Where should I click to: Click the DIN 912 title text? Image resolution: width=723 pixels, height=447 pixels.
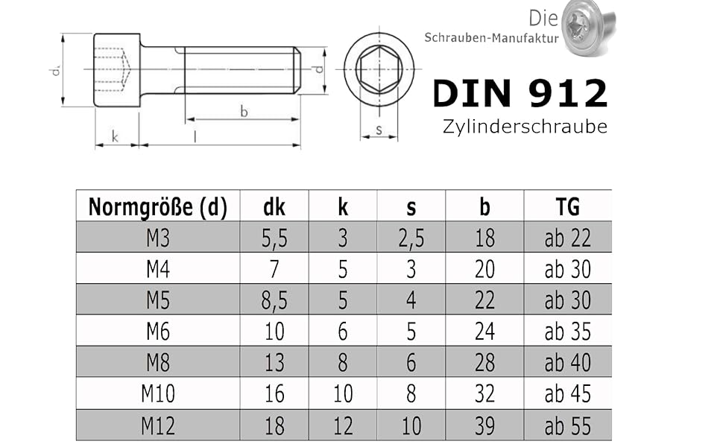click(520, 93)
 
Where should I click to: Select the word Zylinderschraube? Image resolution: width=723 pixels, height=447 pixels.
click(525, 126)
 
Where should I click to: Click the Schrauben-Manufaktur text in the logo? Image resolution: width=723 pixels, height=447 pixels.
click(490, 37)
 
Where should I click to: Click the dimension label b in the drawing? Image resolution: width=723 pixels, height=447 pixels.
click(244, 112)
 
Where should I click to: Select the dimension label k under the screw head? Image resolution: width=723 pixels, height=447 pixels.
click(115, 136)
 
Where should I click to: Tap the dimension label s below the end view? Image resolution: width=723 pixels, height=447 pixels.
click(379, 130)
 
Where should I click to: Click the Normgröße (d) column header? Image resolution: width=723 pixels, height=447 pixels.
click(157, 206)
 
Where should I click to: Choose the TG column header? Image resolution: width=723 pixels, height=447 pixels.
click(567, 206)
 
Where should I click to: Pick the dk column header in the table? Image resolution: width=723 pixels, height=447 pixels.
click(274, 206)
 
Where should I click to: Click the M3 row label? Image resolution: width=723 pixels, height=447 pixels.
click(157, 238)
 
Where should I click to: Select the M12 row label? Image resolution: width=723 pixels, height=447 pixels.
click(157, 425)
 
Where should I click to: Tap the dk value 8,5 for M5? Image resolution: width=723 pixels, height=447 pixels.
click(274, 300)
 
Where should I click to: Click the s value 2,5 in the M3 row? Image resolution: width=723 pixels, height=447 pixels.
click(411, 238)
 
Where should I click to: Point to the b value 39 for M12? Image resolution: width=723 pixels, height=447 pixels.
click(484, 425)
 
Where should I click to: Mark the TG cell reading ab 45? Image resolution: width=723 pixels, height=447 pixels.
click(567, 394)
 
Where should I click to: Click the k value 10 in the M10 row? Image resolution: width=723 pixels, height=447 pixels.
click(343, 394)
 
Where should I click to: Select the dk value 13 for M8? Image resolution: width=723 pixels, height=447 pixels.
click(274, 363)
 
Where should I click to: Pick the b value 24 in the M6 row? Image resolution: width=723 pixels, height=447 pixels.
click(484, 332)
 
